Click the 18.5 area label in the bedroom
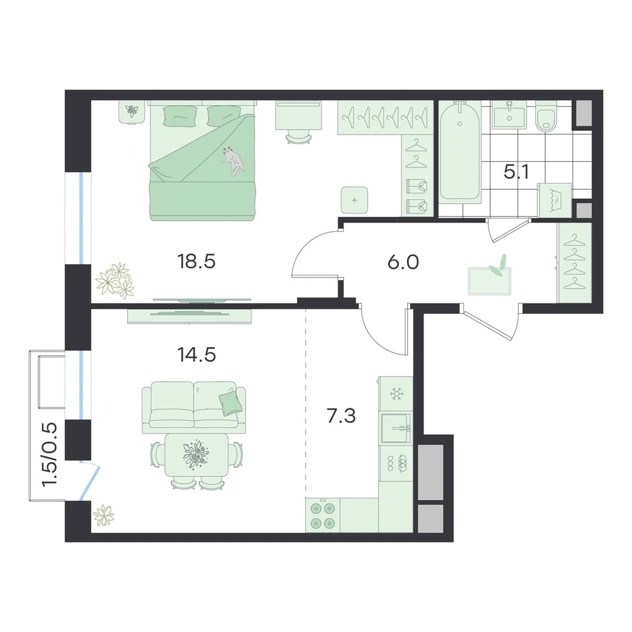pos(197,261)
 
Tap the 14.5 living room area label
pos(197,355)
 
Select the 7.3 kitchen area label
pos(341,416)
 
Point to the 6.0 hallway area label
pos(403,262)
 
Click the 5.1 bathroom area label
pos(516,172)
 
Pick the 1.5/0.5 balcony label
pos(50,454)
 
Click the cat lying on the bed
pos(233,161)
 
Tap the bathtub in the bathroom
pos(459,152)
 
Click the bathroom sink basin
pos(509,114)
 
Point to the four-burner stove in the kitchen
pos(323,516)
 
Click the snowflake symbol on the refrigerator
pos(396,394)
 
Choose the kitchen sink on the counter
pos(396,428)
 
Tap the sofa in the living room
pos(193,407)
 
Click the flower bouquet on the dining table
pos(196,454)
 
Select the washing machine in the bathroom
pos(555,200)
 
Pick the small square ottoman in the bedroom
pos(355,200)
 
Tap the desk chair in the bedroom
pos(299,137)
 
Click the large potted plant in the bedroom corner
pos(115,281)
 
